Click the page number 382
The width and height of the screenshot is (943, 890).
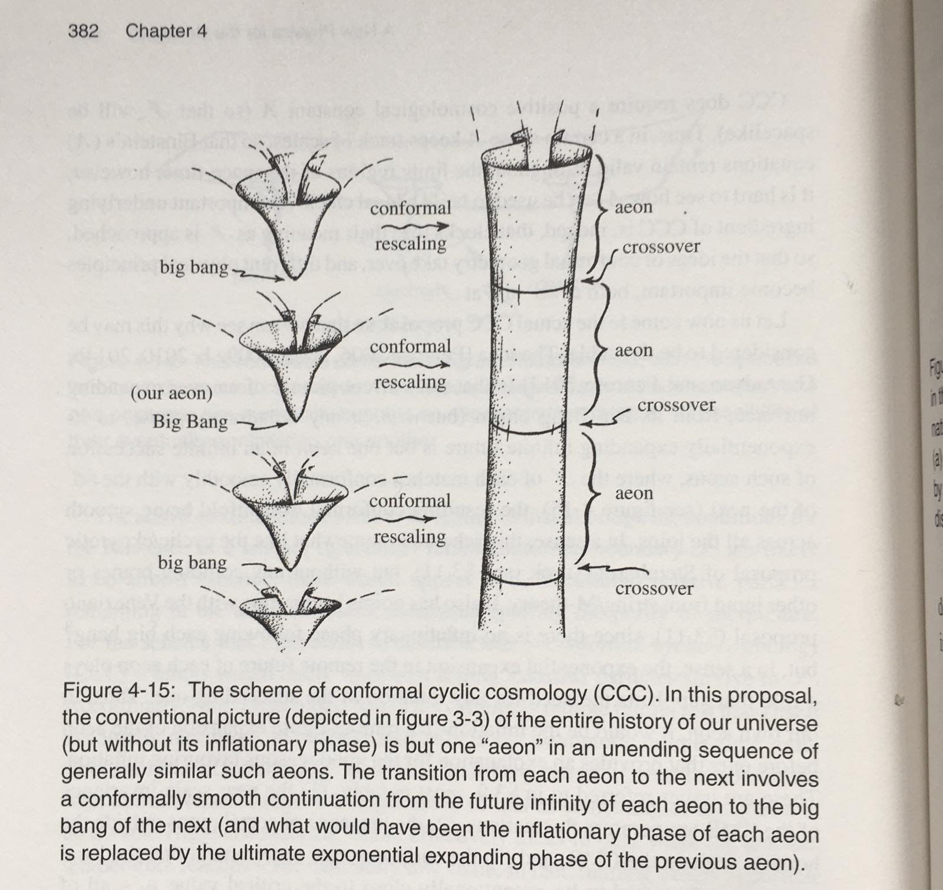(83, 31)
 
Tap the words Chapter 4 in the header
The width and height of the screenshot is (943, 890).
(166, 31)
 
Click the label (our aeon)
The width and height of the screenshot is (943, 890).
(172, 393)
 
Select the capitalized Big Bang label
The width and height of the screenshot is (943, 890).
(190, 422)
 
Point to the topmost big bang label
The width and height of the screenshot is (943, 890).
(194, 268)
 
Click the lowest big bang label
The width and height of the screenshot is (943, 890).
(192, 563)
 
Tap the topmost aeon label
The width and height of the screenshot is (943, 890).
(634, 207)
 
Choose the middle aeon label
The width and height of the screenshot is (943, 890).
(634, 350)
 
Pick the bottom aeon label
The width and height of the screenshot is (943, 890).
(634, 493)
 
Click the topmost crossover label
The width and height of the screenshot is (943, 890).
(661, 247)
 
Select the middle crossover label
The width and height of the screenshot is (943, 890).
(676, 406)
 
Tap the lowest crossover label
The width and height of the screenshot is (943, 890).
(654, 589)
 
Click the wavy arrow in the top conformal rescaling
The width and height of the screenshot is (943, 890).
(411, 226)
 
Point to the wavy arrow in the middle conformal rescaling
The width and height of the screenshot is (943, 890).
(411, 365)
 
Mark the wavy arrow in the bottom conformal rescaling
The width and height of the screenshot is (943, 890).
(411, 519)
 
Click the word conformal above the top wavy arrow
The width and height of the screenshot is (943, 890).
(410, 208)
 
